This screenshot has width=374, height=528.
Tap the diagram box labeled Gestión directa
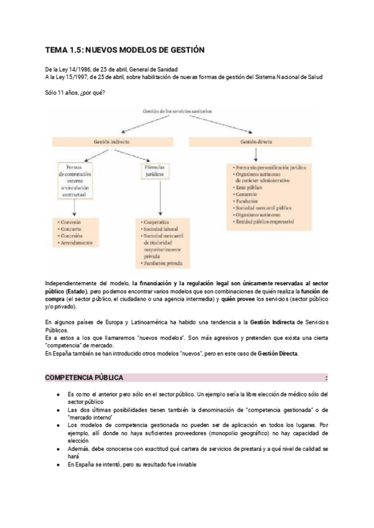(256, 143)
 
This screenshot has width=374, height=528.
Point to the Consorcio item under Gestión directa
(247, 195)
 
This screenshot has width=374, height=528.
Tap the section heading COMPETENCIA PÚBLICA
(84, 378)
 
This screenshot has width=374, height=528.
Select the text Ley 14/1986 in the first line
(77, 68)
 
